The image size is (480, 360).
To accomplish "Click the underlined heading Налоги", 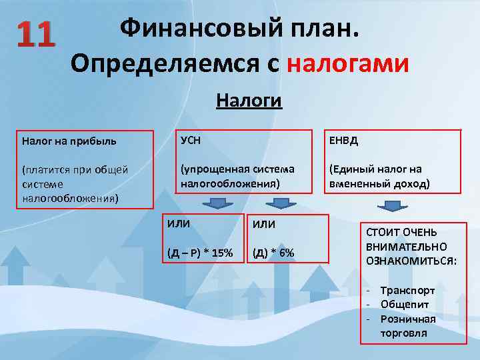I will click(249, 101).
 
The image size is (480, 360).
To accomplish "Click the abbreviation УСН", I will click(191, 141).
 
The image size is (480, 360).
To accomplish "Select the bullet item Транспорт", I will click(407, 291).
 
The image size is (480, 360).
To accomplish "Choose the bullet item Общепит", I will click(405, 305).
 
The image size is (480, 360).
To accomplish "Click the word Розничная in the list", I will click(408, 319).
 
